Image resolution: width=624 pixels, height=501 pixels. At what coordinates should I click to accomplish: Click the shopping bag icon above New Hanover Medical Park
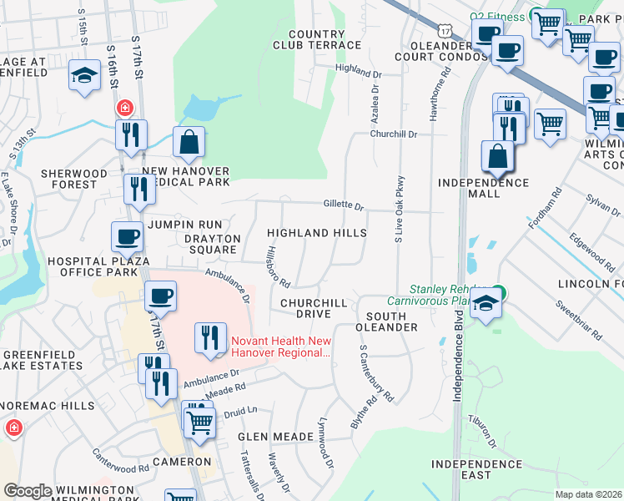(x=189, y=143)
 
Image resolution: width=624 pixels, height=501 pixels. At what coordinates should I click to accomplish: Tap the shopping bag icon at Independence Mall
(x=497, y=156)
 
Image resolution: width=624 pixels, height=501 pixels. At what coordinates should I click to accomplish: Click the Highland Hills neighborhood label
(x=316, y=232)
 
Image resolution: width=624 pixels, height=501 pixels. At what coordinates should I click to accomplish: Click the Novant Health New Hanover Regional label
(x=281, y=347)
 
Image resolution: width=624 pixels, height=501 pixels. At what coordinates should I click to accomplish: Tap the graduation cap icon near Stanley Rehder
(x=487, y=305)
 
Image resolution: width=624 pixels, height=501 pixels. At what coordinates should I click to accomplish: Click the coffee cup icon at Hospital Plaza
(x=127, y=237)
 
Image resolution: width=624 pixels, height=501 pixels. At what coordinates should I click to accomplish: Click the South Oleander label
(x=386, y=321)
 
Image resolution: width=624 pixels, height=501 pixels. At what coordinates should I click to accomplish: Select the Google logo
(x=28, y=491)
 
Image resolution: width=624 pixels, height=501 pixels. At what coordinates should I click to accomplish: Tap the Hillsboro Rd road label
(x=275, y=266)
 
